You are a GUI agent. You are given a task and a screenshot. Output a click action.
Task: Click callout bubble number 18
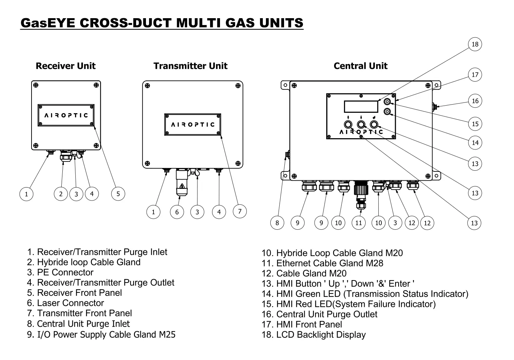coord(475,44)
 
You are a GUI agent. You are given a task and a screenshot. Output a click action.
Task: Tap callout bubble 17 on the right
coord(475,75)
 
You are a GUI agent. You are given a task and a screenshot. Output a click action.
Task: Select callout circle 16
coord(475,101)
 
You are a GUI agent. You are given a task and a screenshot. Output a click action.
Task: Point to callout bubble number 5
coord(118,194)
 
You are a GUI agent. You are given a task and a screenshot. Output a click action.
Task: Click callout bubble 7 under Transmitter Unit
coord(240,211)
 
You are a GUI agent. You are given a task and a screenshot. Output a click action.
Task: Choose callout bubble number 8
coord(277,223)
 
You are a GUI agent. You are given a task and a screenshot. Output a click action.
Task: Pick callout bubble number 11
coord(358,223)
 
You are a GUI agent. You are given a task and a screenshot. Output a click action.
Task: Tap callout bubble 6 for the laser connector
coord(177,212)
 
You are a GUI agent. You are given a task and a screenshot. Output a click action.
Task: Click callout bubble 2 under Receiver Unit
coord(61,194)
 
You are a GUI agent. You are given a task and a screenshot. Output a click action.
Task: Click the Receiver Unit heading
coord(65,66)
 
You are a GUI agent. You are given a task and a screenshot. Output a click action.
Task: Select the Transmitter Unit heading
coord(191,66)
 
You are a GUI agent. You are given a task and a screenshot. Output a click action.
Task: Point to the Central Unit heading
coord(360,66)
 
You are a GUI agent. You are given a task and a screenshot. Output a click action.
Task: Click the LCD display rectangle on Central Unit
coord(361,107)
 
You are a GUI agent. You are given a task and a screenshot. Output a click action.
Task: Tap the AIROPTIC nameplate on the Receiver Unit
coord(66,115)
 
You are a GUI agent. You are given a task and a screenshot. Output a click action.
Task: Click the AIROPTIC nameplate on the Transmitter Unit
coord(193,124)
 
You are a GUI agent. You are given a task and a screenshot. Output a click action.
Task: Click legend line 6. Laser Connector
coord(65,303)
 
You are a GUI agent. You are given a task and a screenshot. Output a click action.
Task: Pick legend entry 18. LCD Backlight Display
coord(314,335)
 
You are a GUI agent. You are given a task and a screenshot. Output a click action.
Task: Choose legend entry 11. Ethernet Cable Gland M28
coord(322,263)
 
